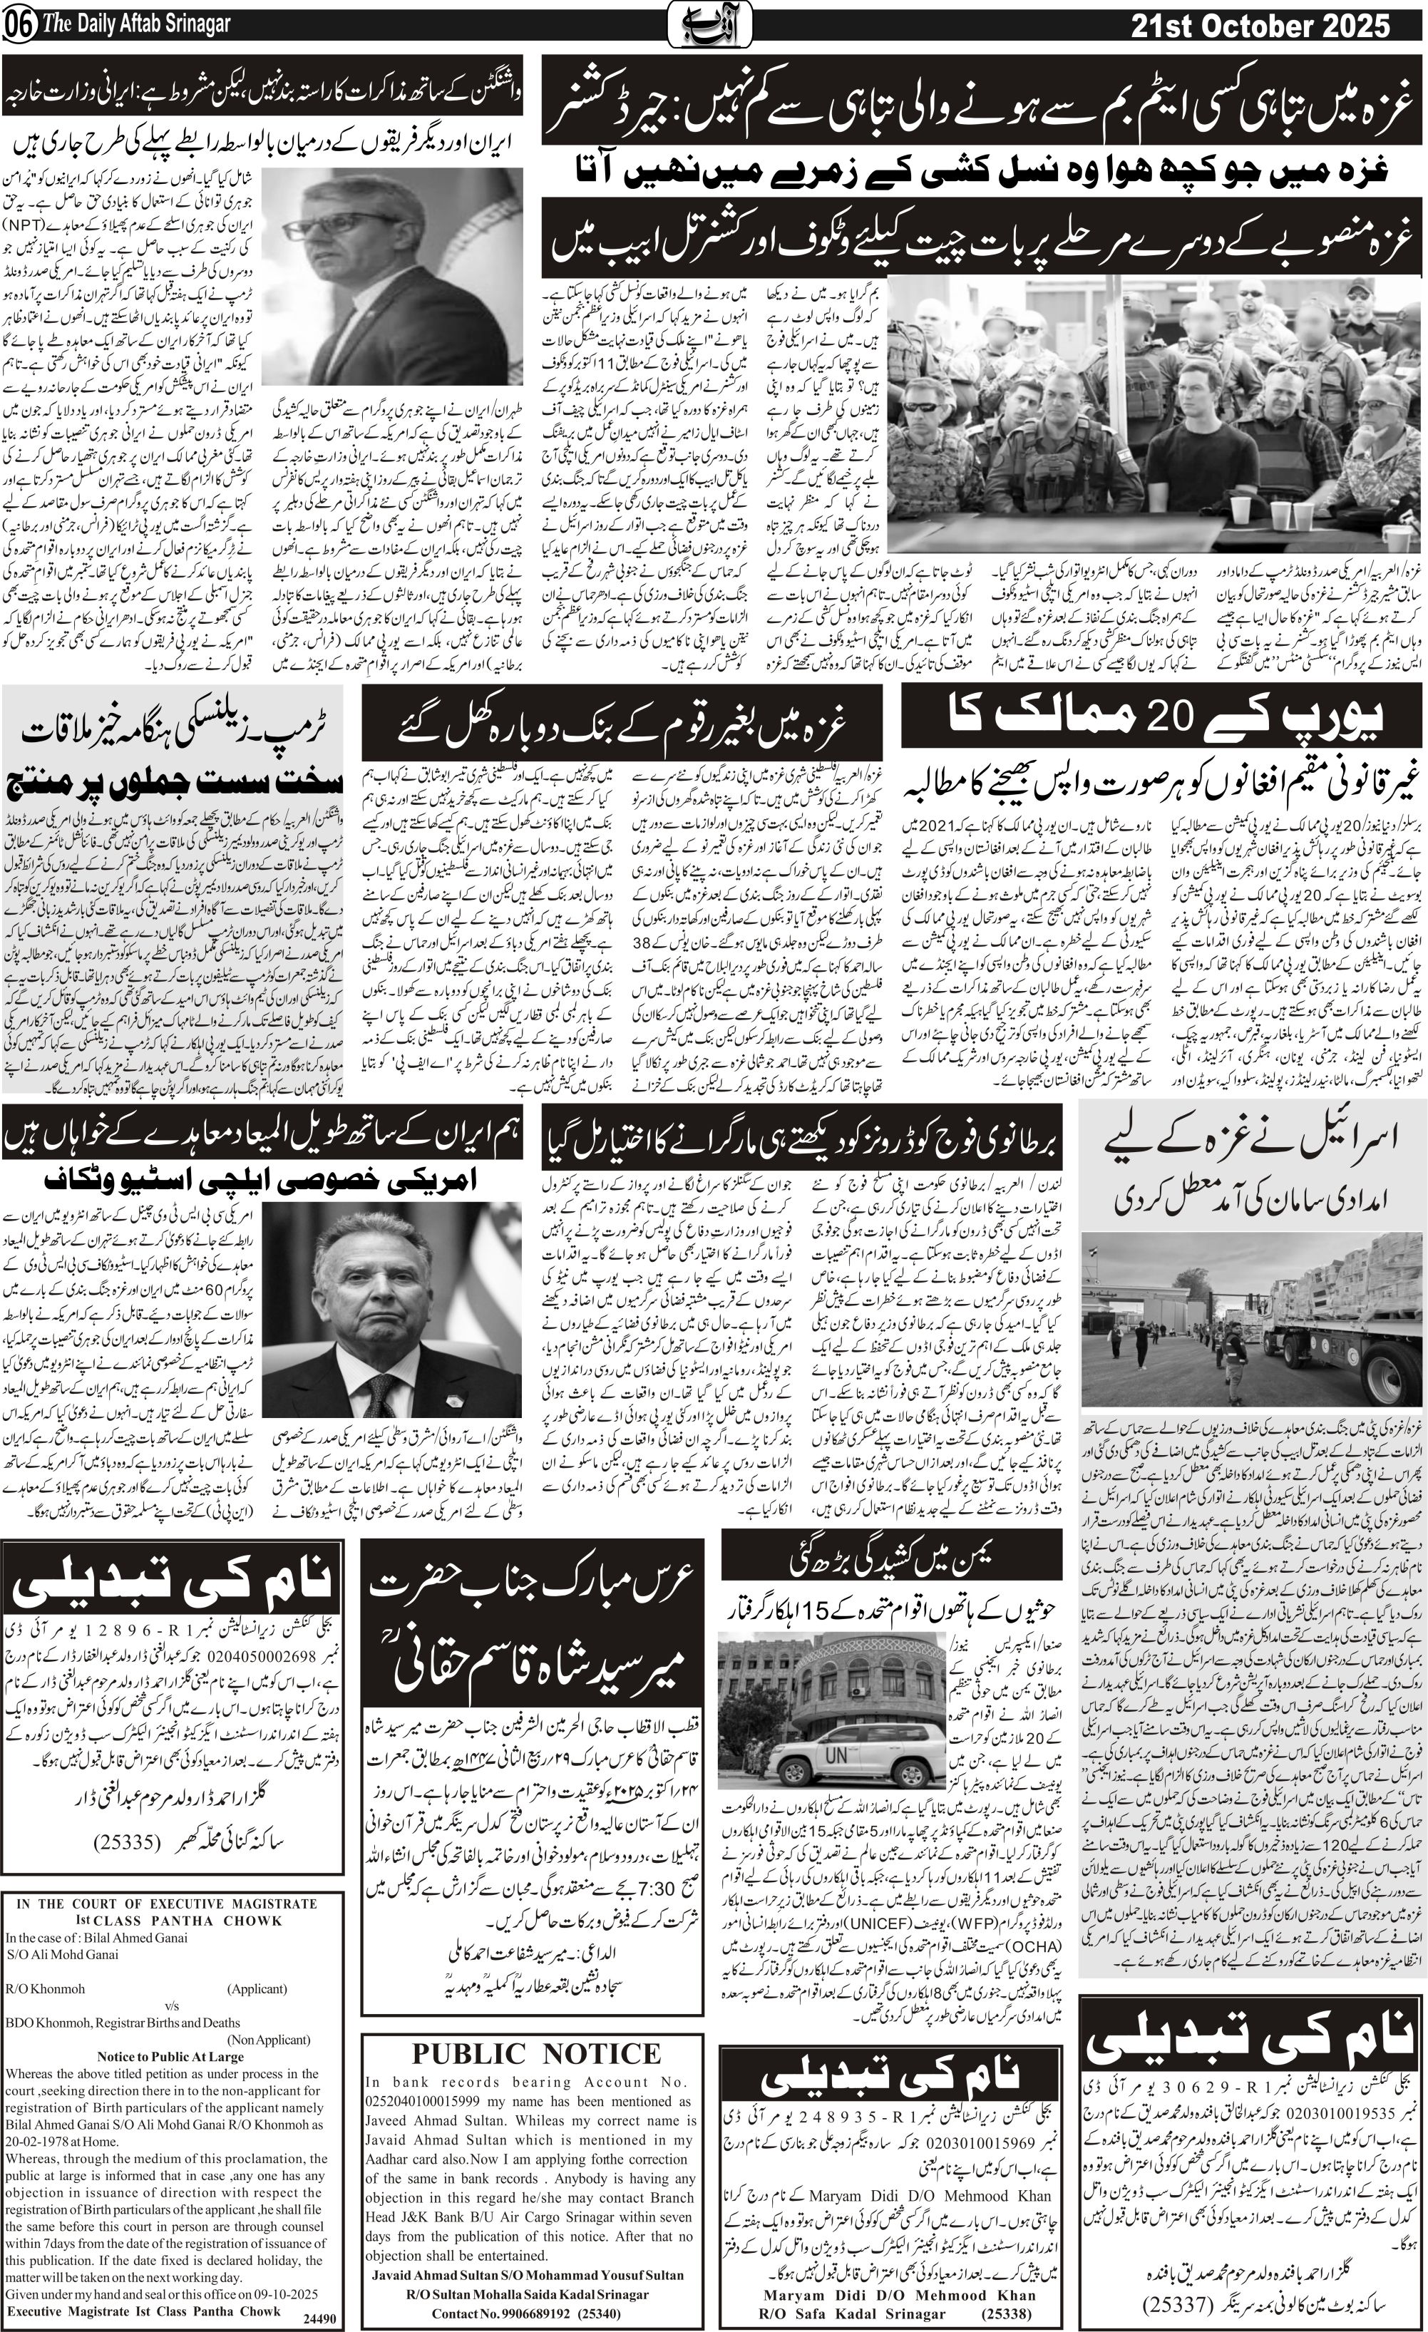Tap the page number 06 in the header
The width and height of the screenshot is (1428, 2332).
18,26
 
